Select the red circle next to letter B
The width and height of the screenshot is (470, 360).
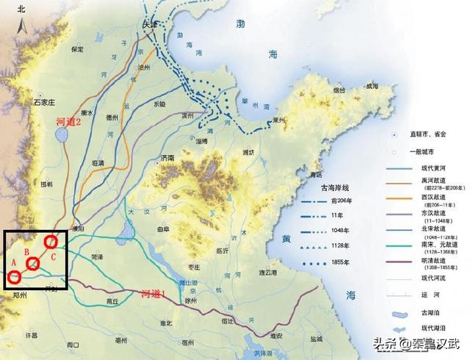33,264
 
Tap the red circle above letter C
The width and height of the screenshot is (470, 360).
51,241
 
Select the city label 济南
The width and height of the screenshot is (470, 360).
167,158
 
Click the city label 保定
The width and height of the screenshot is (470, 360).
77,49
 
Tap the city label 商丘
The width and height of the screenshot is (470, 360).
112,301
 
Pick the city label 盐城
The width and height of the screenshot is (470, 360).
317,339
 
